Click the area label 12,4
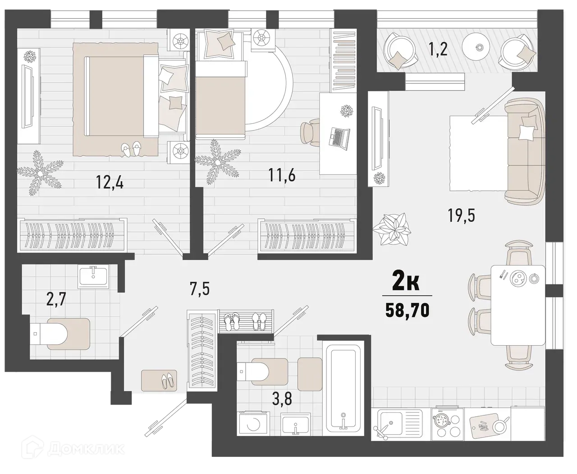[110, 182]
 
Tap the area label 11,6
[282, 175]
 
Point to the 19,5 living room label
[462, 216]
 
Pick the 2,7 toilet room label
[56, 299]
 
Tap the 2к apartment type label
[407, 282]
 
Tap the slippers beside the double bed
[131, 149]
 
